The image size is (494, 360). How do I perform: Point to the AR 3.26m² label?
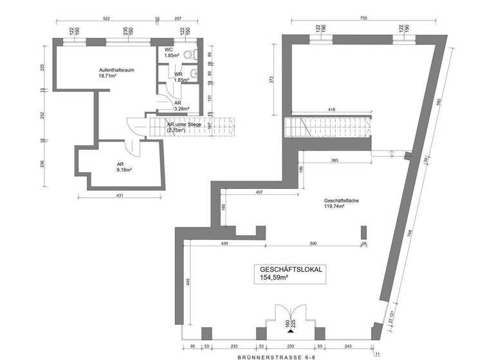(181, 106)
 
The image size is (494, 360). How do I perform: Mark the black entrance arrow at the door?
(291, 332)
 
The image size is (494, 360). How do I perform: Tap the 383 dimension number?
(335, 159)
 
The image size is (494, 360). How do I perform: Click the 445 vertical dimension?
(188, 283)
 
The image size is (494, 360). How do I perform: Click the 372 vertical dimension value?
(272, 80)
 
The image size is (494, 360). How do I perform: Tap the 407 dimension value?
(259, 192)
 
